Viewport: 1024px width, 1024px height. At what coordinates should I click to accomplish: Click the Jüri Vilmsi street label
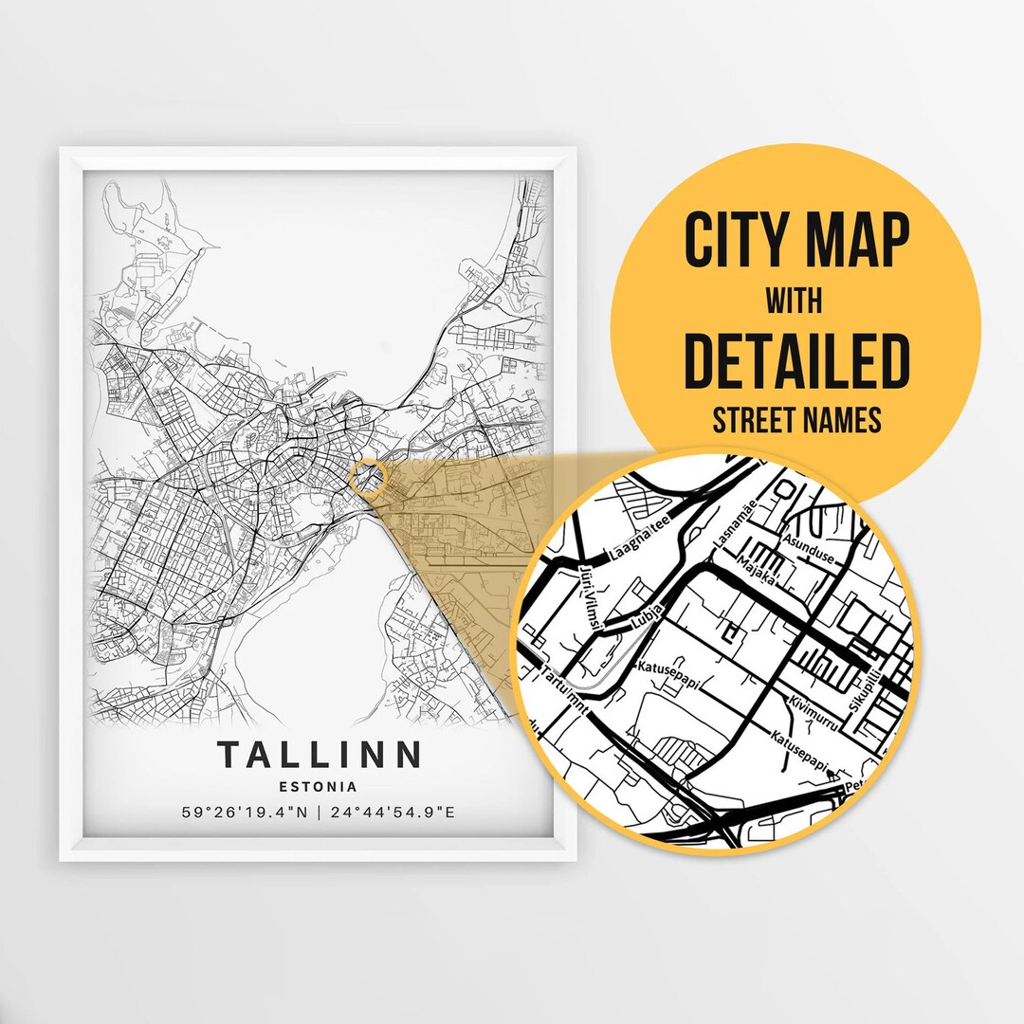tap(589, 595)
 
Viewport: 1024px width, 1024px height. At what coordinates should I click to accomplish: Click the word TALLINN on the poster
tap(319, 755)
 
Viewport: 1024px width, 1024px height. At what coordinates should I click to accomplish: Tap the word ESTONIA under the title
tap(319, 786)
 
